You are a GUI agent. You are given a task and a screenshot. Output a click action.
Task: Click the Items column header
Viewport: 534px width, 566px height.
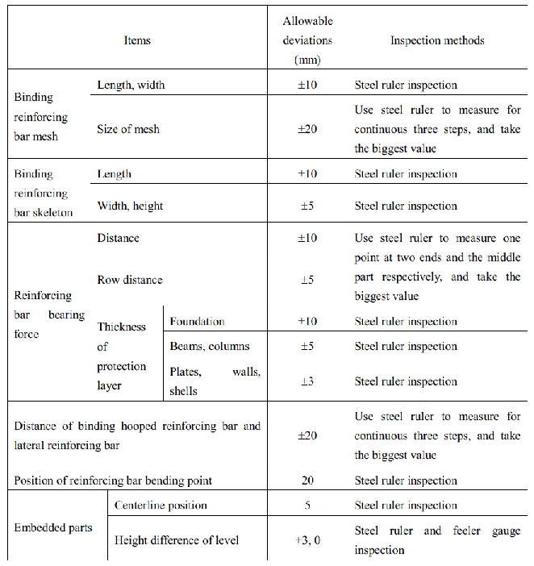click(x=138, y=40)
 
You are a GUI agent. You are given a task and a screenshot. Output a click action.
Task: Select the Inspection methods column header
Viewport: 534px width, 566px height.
click(x=437, y=40)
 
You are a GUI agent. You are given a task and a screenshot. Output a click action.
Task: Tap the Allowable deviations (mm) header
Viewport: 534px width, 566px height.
click(x=307, y=40)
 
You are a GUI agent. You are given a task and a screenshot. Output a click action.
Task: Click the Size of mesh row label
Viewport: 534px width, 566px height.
click(x=129, y=129)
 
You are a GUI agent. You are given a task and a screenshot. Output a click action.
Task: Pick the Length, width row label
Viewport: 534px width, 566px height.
click(x=131, y=85)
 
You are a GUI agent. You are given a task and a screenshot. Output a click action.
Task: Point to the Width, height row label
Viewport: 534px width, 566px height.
click(x=130, y=206)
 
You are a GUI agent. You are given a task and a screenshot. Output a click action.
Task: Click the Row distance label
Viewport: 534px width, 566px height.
click(x=130, y=280)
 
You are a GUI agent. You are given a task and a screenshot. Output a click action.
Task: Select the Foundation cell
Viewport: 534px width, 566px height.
click(x=197, y=321)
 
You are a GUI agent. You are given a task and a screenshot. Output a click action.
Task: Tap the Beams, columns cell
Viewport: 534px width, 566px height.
click(x=210, y=347)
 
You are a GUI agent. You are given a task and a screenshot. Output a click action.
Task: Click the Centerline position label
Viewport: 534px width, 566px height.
click(x=161, y=506)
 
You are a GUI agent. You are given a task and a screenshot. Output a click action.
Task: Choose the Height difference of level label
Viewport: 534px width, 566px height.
click(x=177, y=540)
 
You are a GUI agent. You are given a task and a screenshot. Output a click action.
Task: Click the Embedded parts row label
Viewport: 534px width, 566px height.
click(x=53, y=528)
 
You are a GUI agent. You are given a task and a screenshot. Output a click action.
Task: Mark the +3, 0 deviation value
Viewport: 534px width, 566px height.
click(x=307, y=540)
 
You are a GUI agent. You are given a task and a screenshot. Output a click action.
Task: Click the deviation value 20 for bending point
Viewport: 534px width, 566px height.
click(x=307, y=481)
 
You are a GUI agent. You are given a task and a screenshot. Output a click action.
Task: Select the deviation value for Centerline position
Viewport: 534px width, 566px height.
click(x=307, y=506)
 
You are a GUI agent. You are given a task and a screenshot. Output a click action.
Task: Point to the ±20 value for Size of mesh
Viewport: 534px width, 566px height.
click(x=307, y=129)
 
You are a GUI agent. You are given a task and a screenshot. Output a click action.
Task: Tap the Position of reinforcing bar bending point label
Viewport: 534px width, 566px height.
click(x=113, y=481)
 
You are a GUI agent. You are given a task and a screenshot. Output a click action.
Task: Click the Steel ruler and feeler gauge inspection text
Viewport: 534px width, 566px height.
click(x=437, y=541)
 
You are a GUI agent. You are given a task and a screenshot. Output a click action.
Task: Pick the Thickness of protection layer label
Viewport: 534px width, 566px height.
click(x=122, y=356)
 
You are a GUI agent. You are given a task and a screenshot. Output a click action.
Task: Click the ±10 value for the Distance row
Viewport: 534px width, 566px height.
click(x=307, y=238)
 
